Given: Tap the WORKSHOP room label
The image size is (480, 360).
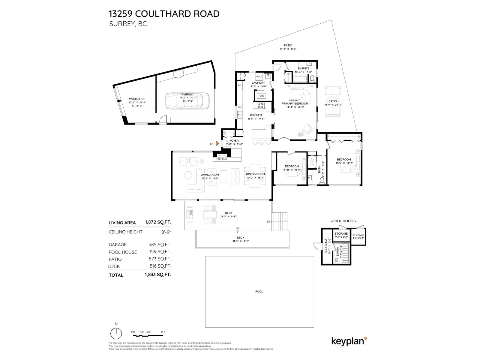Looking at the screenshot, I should (137, 99).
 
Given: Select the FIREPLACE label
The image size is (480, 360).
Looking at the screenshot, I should (222, 159).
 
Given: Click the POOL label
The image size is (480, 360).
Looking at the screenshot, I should (259, 292).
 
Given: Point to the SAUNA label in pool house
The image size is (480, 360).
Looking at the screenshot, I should (337, 253).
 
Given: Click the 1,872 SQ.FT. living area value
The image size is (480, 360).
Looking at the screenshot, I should (158, 222).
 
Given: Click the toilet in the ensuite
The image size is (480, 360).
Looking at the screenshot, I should (312, 79).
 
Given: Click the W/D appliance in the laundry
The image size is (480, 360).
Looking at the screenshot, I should (259, 76).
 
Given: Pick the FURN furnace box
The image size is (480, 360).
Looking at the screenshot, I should (261, 96).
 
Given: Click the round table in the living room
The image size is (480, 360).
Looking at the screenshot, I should (188, 175).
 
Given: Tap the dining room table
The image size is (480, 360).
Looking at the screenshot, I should (255, 176).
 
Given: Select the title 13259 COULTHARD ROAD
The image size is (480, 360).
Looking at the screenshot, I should (164, 14).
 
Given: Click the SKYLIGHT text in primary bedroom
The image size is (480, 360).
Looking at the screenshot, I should (294, 100).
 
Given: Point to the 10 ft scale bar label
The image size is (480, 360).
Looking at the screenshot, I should (163, 332).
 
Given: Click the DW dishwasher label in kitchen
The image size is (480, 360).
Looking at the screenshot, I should (240, 107).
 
